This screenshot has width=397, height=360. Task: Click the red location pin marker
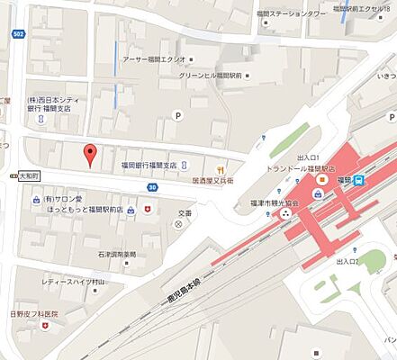tap(89, 155)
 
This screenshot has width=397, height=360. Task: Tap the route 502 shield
tap(17, 34)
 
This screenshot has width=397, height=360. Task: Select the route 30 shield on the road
tap(154, 187)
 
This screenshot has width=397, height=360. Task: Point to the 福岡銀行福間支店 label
tap(149, 166)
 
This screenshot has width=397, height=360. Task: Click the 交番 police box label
tap(185, 213)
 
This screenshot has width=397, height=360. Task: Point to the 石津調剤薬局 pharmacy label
tap(117, 255)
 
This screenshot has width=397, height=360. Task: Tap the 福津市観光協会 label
tap(261, 204)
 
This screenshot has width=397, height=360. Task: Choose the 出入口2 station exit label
tap(346, 261)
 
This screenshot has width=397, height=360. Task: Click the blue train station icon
tap(358, 179)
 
